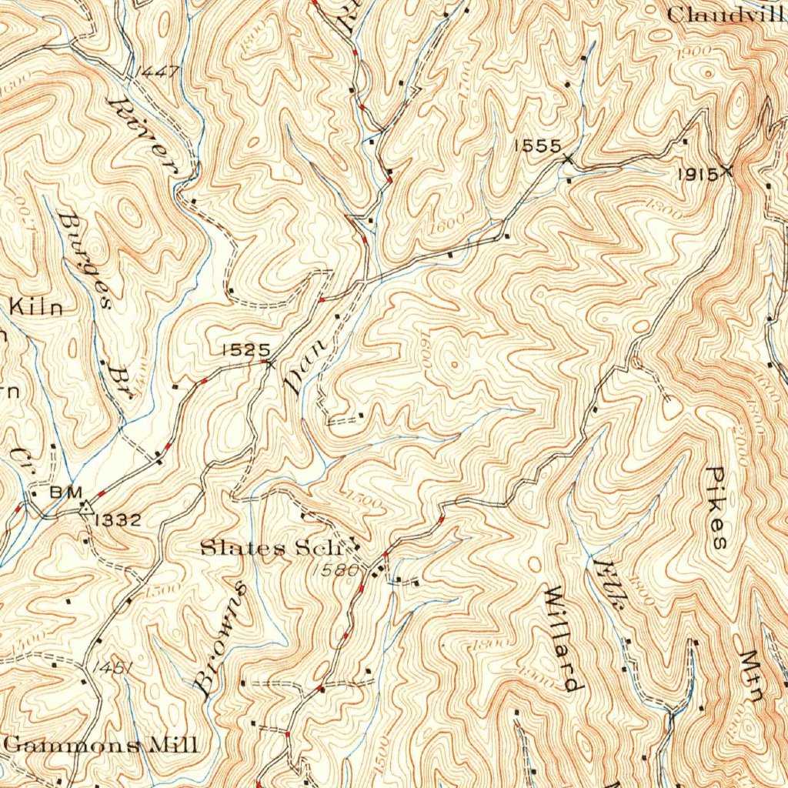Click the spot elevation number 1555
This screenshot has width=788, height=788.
point(538,145)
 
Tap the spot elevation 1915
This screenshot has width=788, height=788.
point(697,175)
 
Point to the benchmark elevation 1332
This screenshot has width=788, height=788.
point(118,520)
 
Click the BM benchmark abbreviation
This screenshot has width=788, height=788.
point(61,492)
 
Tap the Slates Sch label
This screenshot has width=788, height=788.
point(269,549)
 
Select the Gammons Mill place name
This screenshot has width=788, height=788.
point(100,745)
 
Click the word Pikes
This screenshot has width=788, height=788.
point(716,508)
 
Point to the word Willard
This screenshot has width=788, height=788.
point(562,638)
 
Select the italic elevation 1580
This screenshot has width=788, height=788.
point(338,570)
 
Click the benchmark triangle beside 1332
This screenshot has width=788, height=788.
point(85,508)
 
